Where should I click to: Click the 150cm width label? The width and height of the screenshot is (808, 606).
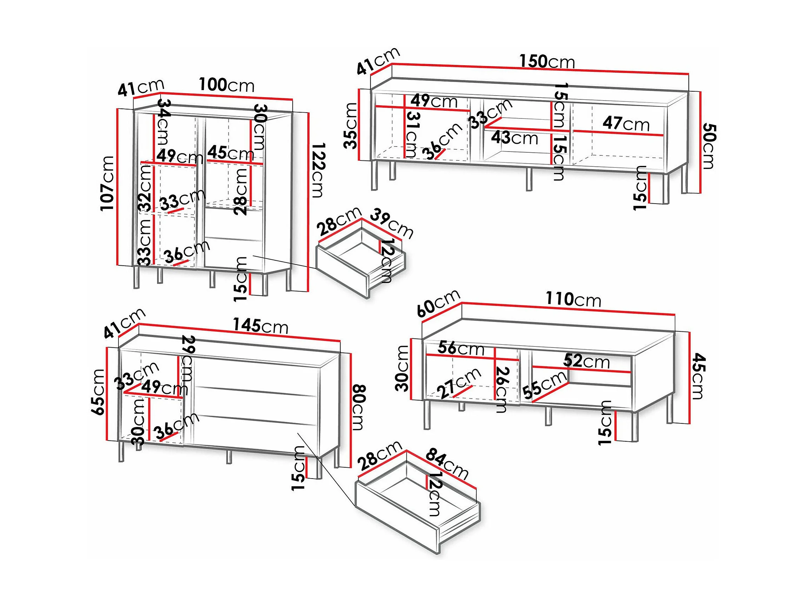(547, 61)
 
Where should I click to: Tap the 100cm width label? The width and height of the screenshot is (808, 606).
(227, 85)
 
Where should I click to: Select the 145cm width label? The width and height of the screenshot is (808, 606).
(261, 326)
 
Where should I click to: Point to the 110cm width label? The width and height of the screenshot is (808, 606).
(573, 299)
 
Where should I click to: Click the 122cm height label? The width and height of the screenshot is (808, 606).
(318, 170)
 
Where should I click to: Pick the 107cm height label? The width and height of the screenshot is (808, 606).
(108, 183)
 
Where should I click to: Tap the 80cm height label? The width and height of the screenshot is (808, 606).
(358, 407)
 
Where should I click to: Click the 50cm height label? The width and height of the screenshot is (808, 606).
(709, 146)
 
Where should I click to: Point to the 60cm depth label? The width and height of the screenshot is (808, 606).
(438, 303)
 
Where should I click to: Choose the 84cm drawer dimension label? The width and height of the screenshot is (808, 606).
(447, 463)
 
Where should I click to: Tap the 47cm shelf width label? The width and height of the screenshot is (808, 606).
(626, 124)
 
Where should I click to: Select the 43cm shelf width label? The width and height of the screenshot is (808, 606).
(514, 138)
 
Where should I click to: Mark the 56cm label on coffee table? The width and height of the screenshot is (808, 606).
(461, 348)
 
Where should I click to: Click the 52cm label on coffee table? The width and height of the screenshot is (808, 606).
(586, 361)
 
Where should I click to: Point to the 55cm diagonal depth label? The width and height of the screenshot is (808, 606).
(544, 385)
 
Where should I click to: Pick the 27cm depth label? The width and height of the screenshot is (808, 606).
(459, 383)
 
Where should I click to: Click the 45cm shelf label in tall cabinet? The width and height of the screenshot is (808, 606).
(231, 153)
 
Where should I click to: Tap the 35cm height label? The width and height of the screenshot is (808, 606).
(351, 125)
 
